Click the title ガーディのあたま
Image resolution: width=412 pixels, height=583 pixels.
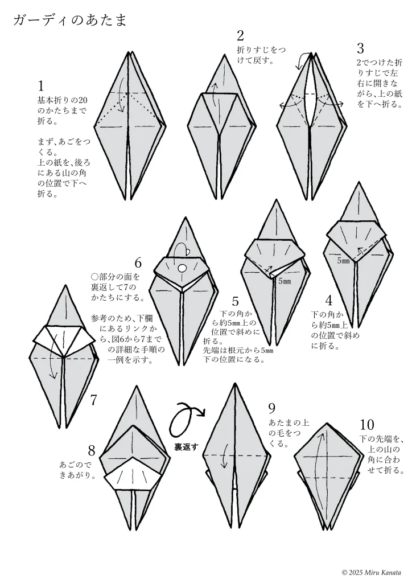69,20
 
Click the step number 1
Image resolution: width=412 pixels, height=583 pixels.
41,86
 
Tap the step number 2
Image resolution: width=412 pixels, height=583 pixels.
240,36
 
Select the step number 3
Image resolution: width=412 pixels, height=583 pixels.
360,48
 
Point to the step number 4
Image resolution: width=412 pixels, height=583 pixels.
328,301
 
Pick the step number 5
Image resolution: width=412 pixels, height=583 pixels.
235,301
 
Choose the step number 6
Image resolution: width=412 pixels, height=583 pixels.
138,263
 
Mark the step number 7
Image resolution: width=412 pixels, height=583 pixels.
93,400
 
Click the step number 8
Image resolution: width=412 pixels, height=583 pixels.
92,451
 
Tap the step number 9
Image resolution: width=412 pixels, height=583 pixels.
271,408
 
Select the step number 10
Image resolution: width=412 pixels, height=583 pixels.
366,425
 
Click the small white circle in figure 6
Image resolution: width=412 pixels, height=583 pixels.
182,268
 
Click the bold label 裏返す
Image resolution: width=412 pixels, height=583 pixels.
187,447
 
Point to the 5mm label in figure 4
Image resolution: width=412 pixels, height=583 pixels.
343,261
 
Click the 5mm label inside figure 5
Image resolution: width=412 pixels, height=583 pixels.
284,281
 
